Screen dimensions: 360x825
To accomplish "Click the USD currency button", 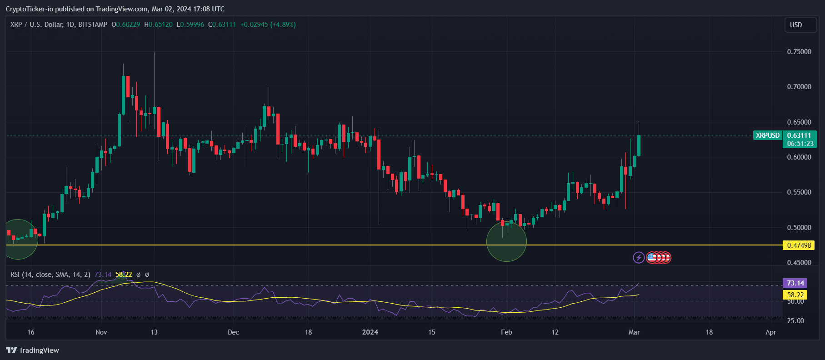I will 800,25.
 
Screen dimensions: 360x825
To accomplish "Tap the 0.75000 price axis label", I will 799,52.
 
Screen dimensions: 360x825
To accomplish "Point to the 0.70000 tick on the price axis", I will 799,87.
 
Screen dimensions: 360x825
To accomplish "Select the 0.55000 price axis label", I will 799,192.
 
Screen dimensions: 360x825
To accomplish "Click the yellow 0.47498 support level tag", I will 799,245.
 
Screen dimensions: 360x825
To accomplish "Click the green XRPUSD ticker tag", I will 767,135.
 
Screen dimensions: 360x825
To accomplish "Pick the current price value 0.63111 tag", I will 799,135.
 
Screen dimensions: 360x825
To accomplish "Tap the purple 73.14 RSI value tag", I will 795,283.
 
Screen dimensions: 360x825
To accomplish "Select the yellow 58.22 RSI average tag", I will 795,295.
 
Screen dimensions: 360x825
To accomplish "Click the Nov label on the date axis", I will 101,332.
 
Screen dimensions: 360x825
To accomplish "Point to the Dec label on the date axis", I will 233,332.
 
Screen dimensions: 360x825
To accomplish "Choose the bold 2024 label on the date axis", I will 370,332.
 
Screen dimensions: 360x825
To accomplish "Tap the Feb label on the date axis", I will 506,332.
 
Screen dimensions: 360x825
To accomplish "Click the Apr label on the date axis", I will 770,332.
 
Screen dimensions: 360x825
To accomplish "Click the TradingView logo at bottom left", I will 33,350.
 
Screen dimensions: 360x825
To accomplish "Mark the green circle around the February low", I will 506,242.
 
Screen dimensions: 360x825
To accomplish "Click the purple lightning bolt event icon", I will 639,258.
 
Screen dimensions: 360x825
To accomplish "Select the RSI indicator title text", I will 50,275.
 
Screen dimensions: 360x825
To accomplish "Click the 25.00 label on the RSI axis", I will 795,321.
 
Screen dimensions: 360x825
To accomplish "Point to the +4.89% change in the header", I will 283,25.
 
